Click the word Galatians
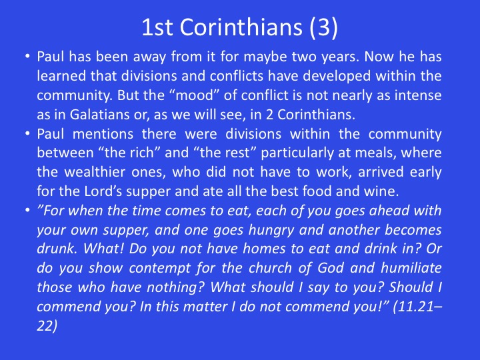(99, 115)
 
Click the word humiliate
(411, 268)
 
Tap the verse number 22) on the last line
(47, 325)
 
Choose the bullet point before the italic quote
(27, 211)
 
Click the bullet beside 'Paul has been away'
(27, 57)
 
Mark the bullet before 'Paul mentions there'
(27, 134)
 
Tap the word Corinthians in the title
(241, 27)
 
